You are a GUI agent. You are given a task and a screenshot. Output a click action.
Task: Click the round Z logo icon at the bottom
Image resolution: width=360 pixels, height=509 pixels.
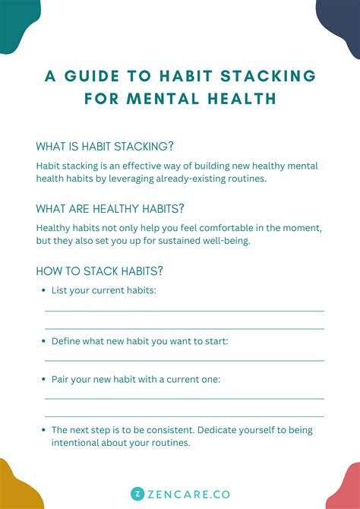pos(137,493)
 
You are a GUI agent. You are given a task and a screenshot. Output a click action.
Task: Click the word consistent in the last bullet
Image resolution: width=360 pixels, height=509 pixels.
pos(177,430)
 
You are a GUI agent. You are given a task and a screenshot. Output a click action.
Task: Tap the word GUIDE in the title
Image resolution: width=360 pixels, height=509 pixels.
pos(103,76)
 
